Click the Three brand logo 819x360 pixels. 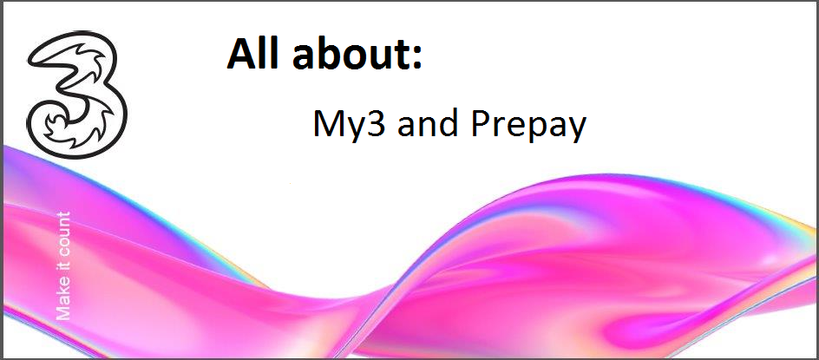pyautogui.click(x=76, y=95)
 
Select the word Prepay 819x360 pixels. pyautogui.click(x=528, y=127)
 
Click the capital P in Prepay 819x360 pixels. pyautogui.click(x=480, y=123)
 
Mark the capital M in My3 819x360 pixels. pyautogui.click(x=327, y=123)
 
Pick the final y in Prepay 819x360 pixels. pyautogui.click(x=576, y=129)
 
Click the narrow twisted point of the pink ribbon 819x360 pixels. pyautogui.click(x=383, y=291)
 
